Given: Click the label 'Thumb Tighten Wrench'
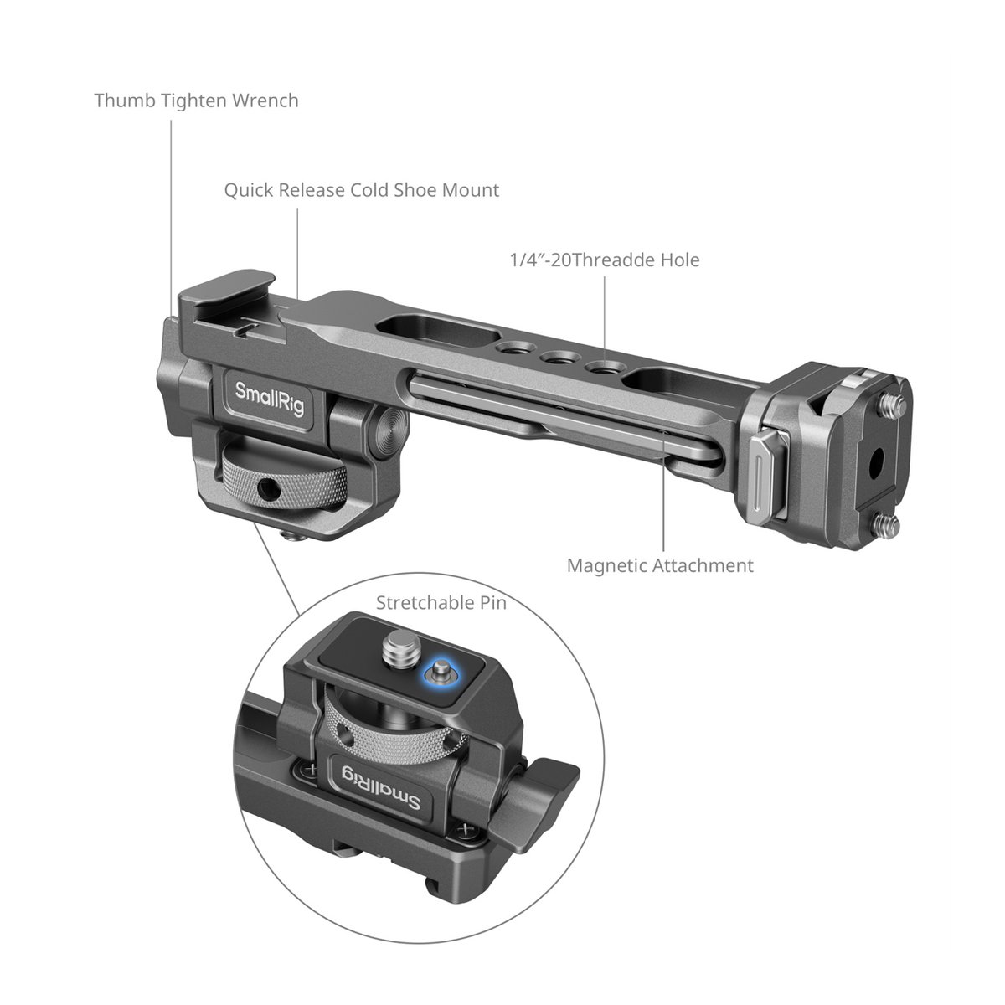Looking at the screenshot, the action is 196,100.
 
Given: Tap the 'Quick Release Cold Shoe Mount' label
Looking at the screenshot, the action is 362,190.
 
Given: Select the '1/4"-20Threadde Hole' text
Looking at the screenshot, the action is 605,260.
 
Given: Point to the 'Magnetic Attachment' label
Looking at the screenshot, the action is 660,565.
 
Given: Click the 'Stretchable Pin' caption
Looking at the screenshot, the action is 441,603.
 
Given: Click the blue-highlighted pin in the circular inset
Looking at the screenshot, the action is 441,673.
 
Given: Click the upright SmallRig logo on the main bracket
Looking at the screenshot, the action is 269,399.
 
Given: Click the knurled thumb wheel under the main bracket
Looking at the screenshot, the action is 284,481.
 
